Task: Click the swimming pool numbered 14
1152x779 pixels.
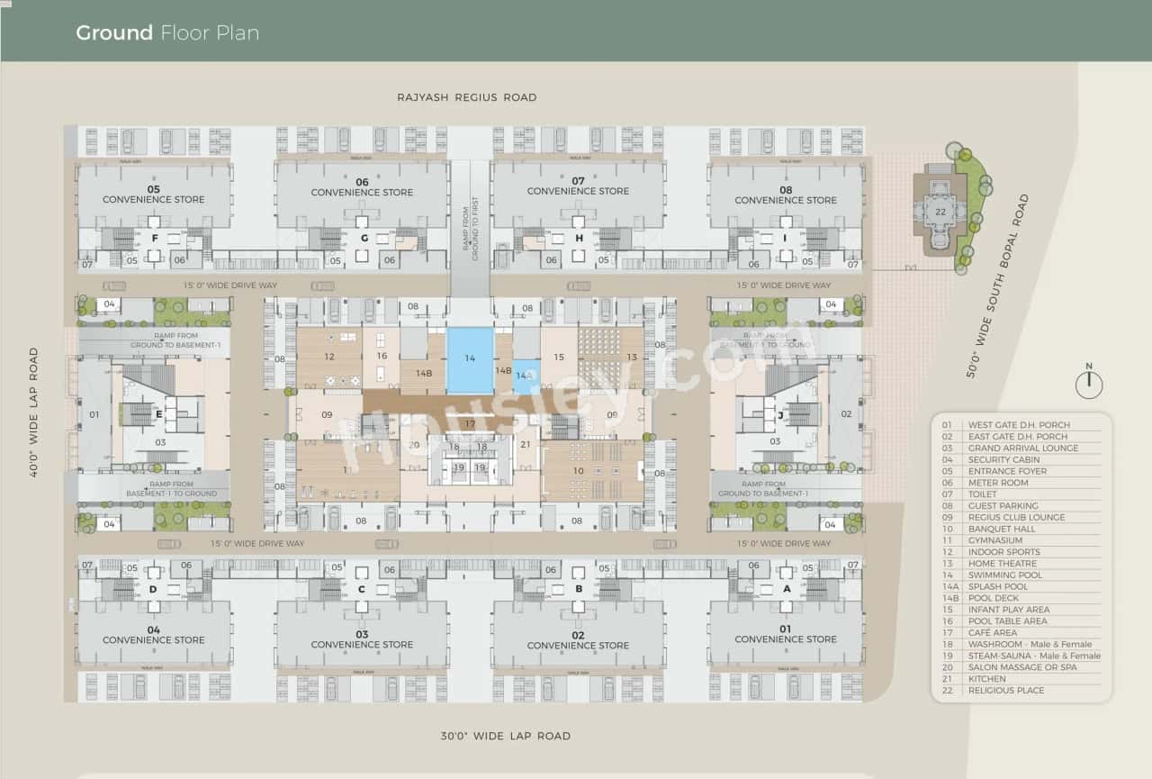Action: click(x=470, y=359)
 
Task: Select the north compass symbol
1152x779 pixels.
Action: click(x=1089, y=384)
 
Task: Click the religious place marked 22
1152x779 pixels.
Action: click(x=940, y=213)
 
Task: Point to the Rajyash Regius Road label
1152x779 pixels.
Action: click(x=467, y=97)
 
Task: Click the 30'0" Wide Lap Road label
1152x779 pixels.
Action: click(x=506, y=736)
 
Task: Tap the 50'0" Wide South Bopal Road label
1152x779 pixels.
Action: click(x=997, y=286)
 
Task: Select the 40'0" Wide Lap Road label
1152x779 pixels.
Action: click(x=34, y=412)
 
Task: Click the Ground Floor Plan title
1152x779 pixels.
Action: click(x=167, y=33)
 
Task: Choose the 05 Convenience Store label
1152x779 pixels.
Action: click(x=154, y=195)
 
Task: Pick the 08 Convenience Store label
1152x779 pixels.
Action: click(x=786, y=195)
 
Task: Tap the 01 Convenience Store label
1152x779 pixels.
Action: click(x=786, y=634)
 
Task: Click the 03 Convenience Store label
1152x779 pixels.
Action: click(x=362, y=639)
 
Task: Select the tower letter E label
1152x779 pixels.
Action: click(x=159, y=414)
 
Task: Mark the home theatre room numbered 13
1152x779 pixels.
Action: click(x=632, y=358)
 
